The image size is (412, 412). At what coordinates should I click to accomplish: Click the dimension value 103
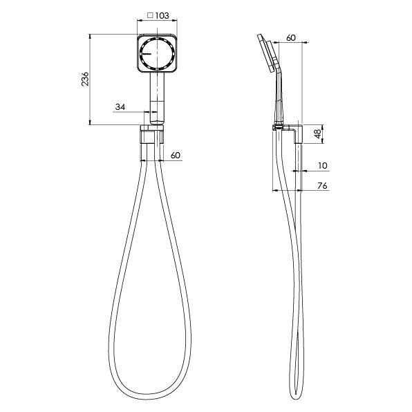pos(162,15)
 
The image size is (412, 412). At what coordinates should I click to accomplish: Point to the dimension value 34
pos(120,106)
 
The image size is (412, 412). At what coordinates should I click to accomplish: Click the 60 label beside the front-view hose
pos(175,155)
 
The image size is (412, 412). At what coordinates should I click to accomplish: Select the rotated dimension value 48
pos(318,134)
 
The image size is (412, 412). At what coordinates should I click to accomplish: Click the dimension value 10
pos(322,166)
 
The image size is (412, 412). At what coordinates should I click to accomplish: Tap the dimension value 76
pos(322,186)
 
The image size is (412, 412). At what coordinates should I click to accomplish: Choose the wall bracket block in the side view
pos(298,133)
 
